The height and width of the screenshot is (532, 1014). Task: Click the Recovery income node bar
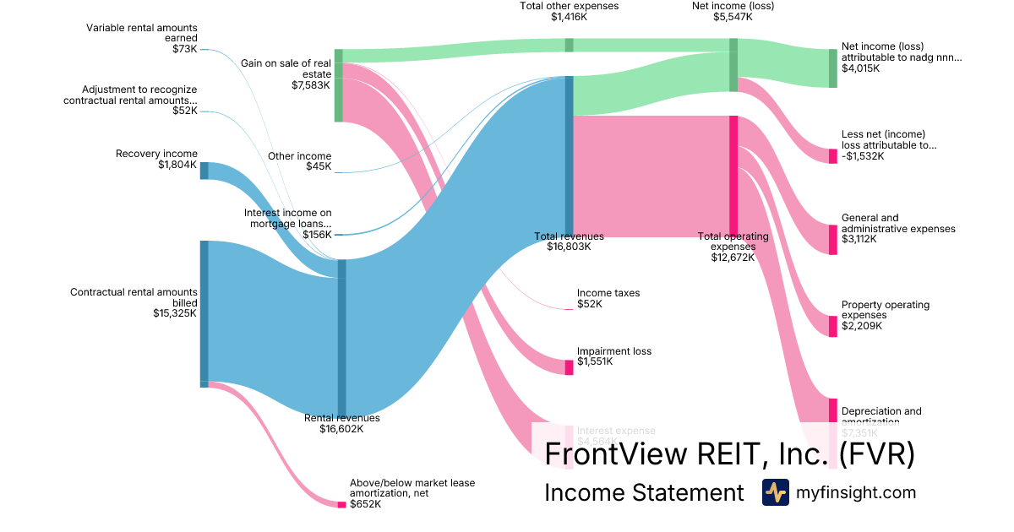coord(204,171)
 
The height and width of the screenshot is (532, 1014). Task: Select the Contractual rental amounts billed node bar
coord(204,313)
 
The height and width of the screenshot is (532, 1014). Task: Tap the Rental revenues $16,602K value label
coord(341,429)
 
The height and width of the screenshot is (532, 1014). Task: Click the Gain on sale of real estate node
coord(339,85)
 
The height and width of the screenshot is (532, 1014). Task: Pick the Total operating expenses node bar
coord(733,176)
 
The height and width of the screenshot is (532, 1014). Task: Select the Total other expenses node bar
coord(570,46)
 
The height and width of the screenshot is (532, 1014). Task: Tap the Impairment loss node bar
coord(570,366)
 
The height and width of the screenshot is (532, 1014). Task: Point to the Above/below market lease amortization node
coord(342,504)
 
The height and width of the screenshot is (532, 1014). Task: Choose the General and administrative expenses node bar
coord(832,239)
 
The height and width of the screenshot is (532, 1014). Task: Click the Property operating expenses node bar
coord(832,326)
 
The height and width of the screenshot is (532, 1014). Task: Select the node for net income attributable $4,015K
coord(832,68)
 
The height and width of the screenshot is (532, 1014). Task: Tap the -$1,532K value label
coord(863,155)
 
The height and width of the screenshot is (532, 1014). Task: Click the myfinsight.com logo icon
coord(775,492)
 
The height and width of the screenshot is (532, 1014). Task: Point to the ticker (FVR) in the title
coord(876,454)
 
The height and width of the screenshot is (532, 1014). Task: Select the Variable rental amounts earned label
coord(142,33)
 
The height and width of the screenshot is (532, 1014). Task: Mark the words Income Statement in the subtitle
coord(644,493)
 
